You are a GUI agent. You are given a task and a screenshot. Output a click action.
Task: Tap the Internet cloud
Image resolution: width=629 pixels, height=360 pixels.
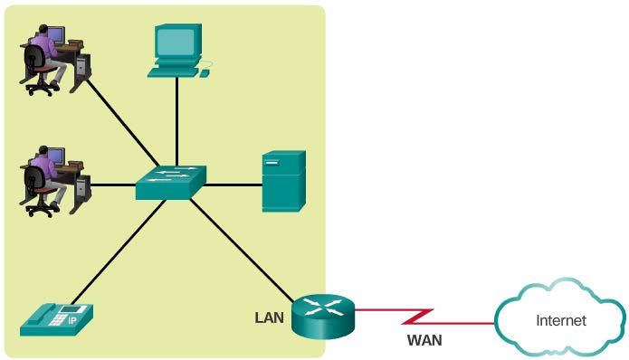coord(559,320)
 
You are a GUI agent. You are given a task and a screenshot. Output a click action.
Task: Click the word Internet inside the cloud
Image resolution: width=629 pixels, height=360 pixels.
coord(561,320)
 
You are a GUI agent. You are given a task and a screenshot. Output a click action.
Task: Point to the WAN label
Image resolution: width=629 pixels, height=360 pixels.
coord(424,341)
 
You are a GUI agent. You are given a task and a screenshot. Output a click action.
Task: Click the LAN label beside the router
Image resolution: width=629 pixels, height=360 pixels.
coord(271,317)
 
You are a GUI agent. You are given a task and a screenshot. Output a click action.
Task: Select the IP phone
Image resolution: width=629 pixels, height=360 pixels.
coord(56,317)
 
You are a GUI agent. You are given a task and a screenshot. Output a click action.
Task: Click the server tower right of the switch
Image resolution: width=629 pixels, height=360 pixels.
coord(283,181)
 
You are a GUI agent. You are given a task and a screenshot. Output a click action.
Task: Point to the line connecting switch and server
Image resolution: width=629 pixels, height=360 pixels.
coord(233,185)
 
